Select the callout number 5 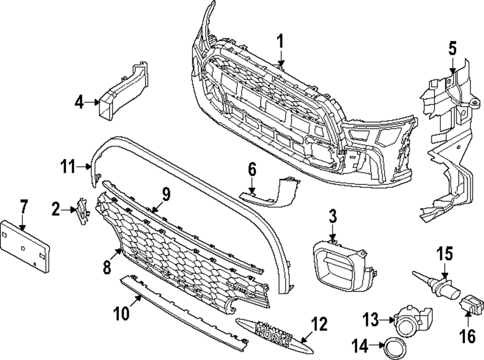(452, 48)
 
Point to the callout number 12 (319, 324)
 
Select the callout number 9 (166, 195)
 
